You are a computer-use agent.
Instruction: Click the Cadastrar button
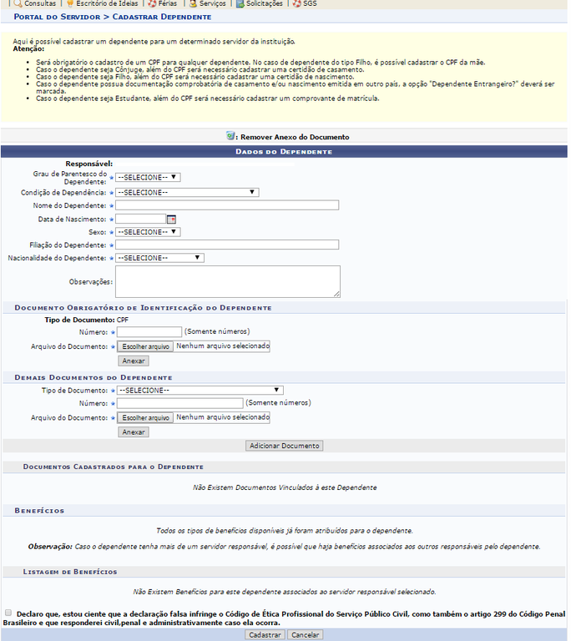point(265,634)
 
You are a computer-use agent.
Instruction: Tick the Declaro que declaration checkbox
point(8,612)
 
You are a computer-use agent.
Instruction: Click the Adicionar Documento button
point(284,446)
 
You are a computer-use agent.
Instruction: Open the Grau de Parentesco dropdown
point(149,177)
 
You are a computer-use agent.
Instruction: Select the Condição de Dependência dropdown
point(187,192)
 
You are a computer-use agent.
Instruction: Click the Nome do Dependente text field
point(227,205)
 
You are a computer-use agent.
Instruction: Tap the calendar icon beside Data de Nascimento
point(171,219)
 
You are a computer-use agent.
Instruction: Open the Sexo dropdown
point(149,232)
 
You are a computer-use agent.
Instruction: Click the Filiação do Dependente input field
point(227,245)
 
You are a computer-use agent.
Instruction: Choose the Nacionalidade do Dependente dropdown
point(159,258)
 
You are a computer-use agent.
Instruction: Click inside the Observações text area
point(227,281)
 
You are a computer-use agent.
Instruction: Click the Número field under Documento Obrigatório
point(149,331)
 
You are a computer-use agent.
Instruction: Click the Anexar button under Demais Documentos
point(134,432)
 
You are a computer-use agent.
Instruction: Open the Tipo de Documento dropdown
point(200,390)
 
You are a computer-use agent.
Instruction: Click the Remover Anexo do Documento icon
point(231,136)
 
